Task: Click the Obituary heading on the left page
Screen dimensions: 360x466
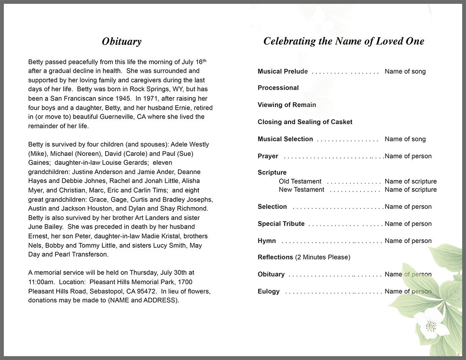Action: coord(122,42)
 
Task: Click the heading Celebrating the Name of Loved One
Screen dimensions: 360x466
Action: coord(344,41)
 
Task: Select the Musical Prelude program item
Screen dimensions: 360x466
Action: coord(283,72)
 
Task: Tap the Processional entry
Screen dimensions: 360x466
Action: coord(278,88)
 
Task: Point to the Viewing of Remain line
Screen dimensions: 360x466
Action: coord(286,105)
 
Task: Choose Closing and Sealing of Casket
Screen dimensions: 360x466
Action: coord(305,122)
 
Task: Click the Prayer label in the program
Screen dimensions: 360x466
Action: coord(268,156)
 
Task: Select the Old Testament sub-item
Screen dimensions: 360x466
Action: coord(300,182)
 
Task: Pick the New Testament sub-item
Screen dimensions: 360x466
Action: coord(301,190)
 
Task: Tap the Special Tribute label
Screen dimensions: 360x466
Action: coord(281,224)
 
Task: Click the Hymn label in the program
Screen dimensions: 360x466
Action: coord(266,241)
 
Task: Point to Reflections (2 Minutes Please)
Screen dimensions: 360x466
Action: coord(304,258)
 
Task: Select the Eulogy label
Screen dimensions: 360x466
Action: coord(269,291)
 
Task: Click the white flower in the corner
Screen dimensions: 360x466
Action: coord(431,324)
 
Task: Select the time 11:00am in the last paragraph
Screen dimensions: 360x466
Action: coord(41,282)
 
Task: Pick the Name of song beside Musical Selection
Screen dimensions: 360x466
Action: coord(405,139)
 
